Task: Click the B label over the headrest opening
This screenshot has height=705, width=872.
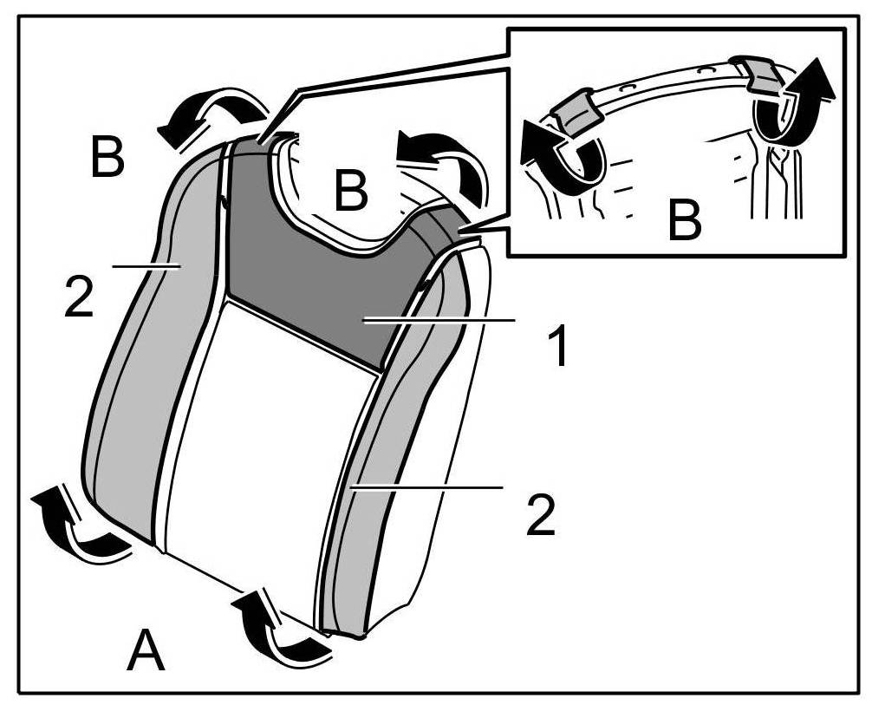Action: pyautogui.click(x=351, y=192)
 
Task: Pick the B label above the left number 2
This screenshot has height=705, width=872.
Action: pyautogui.click(x=107, y=159)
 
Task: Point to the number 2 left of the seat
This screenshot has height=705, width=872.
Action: pyautogui.click(x=78, y=297)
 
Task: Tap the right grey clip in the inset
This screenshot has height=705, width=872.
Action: pyautogui.click(x=758, y=73)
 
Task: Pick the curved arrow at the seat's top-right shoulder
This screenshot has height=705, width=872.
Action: pyautogui.click(x=442, y=165)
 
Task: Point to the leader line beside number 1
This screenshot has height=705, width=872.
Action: pyautogui.click(x=442, y=320)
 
